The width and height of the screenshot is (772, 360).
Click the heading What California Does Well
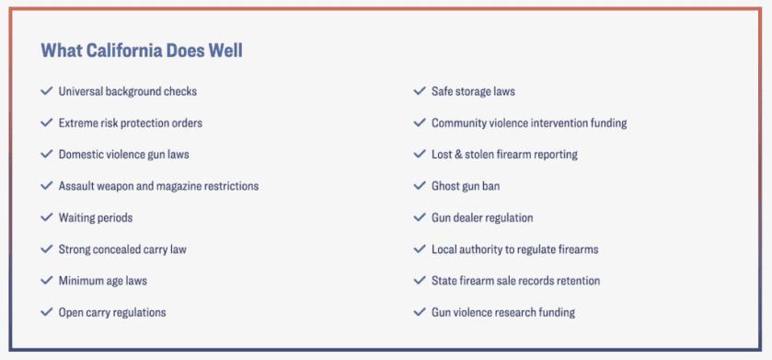tap(142, 51)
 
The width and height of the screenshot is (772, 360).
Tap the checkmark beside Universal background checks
tap(47, 91)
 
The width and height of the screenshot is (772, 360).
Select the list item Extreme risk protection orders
tap(131, 123)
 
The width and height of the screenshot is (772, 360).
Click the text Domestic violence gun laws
tap(123, 155)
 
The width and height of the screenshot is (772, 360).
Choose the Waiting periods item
tap(96, 217)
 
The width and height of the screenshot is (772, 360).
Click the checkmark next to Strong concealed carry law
tap(47, 249)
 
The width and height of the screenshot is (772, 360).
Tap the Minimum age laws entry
tap(103, 281)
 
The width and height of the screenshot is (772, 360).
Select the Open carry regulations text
tap(112, 312)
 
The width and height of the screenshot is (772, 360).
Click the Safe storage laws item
tap(473, 91)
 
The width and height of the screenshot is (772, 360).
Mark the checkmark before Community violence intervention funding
tap(420, 122)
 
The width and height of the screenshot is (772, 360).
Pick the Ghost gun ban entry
tap(466, 186)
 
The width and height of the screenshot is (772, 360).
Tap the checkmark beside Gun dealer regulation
tap(420, 217)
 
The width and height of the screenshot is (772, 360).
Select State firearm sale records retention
tap(516, 281)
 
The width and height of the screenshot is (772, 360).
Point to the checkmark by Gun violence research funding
tap(420, 312)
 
